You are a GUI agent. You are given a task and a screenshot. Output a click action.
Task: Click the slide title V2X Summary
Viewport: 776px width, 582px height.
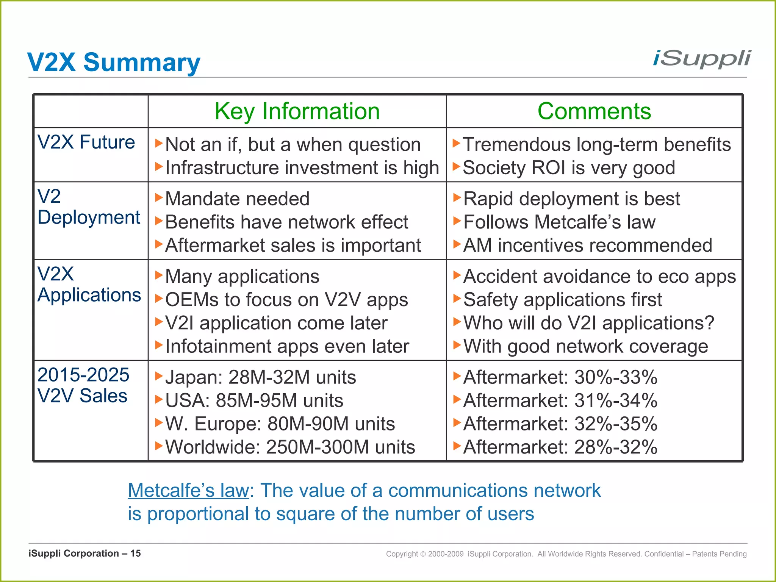click(114, 62)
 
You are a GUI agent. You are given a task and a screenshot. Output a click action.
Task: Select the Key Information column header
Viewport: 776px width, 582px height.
click(297, 111)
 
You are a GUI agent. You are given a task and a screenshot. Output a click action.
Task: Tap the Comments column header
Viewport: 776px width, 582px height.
click(594, 111)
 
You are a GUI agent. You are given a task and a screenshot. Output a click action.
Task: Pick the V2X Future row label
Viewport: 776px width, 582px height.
click(86, 142)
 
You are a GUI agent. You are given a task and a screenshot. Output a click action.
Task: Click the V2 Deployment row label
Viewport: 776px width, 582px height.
click(89, 207)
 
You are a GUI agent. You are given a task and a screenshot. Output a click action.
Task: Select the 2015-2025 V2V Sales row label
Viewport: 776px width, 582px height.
click(83, 385)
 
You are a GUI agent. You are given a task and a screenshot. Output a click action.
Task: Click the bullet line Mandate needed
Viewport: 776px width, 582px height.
click(237, 199)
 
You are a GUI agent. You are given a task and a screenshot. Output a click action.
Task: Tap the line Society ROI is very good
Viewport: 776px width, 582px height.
click(568, 168)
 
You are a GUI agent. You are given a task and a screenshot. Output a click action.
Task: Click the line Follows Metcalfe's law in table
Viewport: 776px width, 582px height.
click(559, 222)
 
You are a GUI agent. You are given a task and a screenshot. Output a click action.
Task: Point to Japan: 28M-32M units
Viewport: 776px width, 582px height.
click(261, 377)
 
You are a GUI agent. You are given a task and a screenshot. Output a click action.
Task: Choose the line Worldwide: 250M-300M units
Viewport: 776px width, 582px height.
click(290, 447)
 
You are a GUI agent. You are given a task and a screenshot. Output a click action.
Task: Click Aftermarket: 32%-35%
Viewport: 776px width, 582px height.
click(560, 424)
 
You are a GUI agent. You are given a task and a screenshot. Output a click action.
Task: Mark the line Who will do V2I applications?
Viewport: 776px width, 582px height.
click(588, 323)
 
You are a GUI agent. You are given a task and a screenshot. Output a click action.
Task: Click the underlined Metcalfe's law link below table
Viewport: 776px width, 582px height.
click(188, 491)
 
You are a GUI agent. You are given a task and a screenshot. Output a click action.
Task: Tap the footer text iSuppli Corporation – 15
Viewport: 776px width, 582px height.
click(84, 554)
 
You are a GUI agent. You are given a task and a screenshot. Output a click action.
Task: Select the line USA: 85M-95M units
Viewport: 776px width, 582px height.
click(254, 401)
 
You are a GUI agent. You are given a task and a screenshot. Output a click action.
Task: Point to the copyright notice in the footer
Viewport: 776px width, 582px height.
click(566, 554)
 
